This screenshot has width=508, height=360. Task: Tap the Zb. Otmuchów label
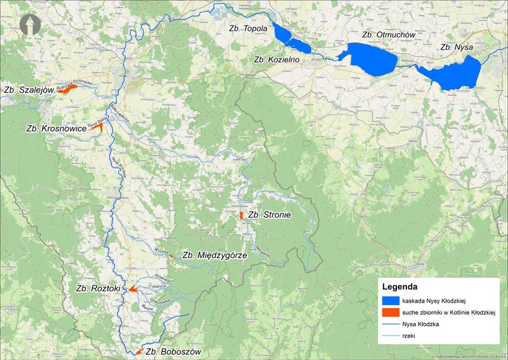389,35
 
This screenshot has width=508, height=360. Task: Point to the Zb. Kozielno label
276,59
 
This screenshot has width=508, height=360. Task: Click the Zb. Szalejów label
26,90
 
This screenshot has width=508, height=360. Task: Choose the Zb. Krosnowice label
56,129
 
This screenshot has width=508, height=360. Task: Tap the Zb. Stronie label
269,215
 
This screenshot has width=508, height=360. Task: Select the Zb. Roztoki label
97,288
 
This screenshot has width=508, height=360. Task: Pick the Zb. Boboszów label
173,352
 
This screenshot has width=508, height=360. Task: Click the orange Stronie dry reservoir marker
241,216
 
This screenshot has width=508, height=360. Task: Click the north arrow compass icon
29,25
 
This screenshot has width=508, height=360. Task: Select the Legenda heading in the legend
400,286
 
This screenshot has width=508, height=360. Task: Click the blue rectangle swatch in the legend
390,301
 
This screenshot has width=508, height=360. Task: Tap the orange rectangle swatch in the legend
390,312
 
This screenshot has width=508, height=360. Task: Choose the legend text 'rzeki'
409,336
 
